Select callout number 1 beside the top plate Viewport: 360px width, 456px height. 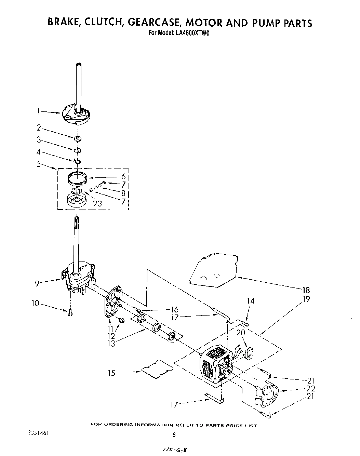pyautogui.click(x=39, y=111)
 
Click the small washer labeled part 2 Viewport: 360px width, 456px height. pyautogui.click(x=78, y=138)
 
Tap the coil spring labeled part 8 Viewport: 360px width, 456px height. pyautogui.click(x=98, y=186)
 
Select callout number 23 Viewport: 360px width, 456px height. pyautogui.click(x=97, y=203)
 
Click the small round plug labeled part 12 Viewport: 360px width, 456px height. pyautogui.click(x=121, y=320)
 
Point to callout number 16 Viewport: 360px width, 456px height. pyautogui.click(x=174, y=310)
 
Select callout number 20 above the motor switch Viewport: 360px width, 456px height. pyautogui.click(x=241, y=332)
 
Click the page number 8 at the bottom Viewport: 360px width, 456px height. pyautogui.click(x=174, y=435)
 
